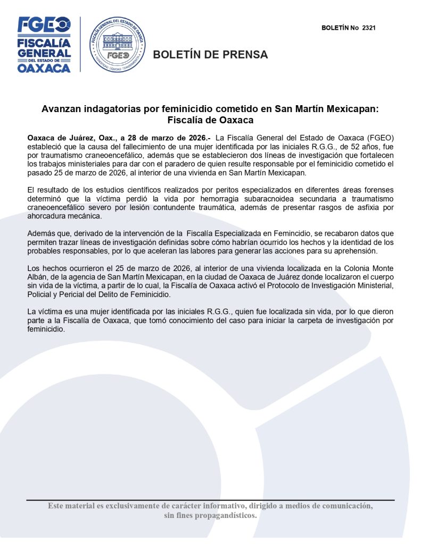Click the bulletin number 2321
pyautogui.click(x=368, y=28)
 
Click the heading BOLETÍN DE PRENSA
pyautogui.click(x=211, y=55)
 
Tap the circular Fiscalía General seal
pyautogui.click(x=117, y=45)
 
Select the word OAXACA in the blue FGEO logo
pyautogui.click(x=44, y=68)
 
